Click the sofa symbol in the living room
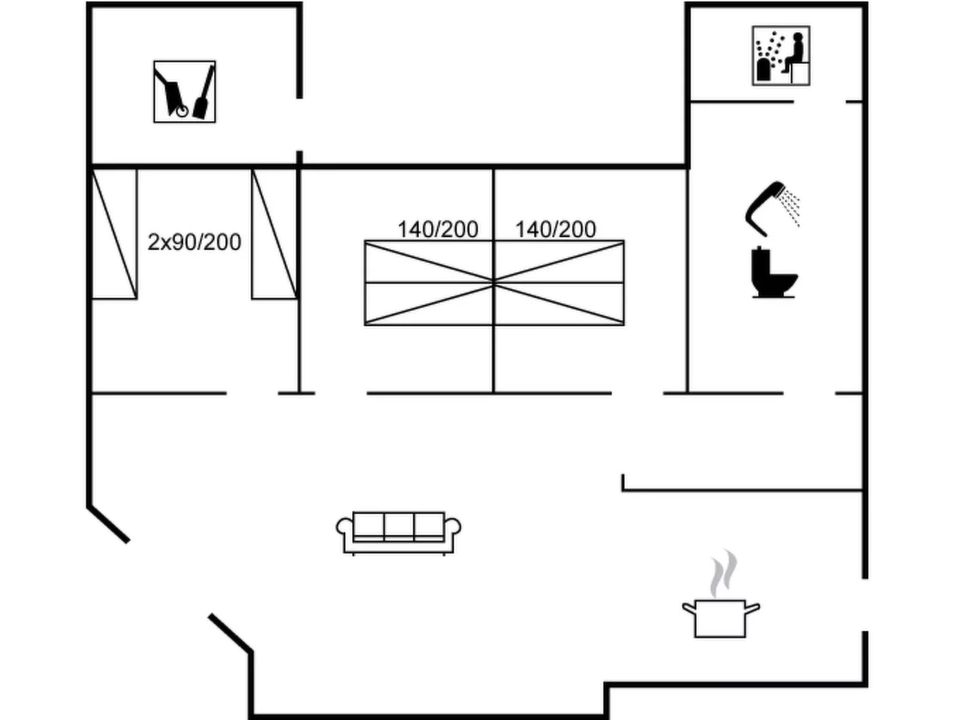pos(398,533)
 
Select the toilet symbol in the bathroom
pos(774,272)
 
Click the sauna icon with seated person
pos(781,56)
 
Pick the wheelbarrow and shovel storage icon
pos(185,92)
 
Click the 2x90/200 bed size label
pos(194,242)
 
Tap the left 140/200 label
pos(438,229)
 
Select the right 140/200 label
pos(555,229)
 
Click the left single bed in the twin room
pos(114,234)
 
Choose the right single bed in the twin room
pos(274,234)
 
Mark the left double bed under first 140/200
pos(429,283)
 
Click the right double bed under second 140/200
pos(559,283)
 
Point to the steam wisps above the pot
pos(724,573)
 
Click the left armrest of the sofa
pos(345,527)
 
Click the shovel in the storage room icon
pos(204,92)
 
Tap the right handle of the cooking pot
pos(752,608)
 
